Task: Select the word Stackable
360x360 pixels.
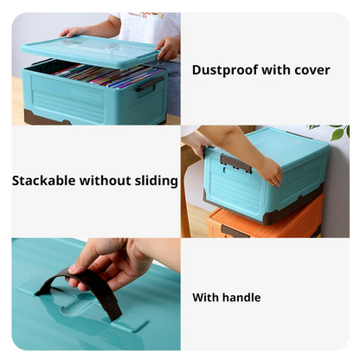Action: click(x=43, y=181)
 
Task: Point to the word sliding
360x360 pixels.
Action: click(x=157, y=181)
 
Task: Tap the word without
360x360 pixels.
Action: click(x=105, y=181)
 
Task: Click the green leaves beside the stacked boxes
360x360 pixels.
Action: click(x=334, y=132)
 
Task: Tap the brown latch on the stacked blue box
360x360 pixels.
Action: click(x=235, y=164)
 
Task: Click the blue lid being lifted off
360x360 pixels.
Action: click(x=90, y=51)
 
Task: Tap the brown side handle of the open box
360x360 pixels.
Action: click(x=149, y=84)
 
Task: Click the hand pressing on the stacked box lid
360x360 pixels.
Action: click(x=269, y=171)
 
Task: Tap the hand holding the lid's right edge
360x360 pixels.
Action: click(x=168, y=48)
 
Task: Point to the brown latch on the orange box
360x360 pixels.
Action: click(x=235, y=232)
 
